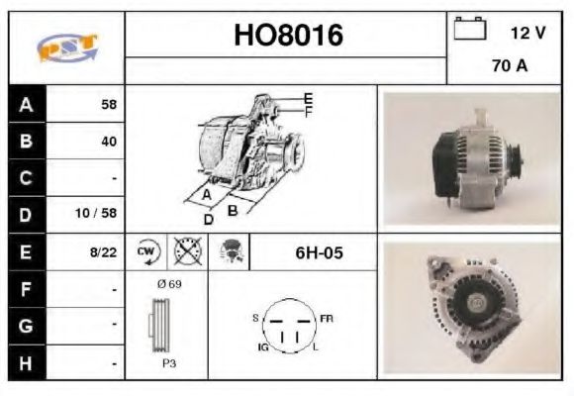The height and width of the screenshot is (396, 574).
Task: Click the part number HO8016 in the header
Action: point(287,37)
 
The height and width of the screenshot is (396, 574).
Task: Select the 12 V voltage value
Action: point(527,33)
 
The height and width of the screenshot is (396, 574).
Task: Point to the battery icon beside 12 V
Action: point(467,31)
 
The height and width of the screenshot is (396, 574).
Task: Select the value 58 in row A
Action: point(108,104)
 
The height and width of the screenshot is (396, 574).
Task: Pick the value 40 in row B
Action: point(108,142)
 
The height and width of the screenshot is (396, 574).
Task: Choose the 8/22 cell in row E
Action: point(103,252)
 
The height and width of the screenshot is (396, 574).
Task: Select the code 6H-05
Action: point(319,252)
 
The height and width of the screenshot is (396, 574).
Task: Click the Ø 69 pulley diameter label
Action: point(168,284)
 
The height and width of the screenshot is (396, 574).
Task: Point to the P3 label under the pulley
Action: point(169,363)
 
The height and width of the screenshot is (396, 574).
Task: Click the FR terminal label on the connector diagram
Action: point(328,318)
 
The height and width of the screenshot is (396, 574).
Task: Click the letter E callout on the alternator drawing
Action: point(308,97)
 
